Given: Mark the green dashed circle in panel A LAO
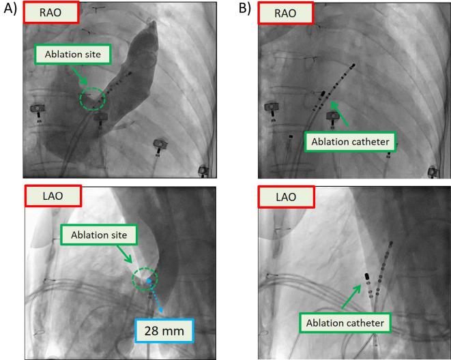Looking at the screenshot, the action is click(145, 280).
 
